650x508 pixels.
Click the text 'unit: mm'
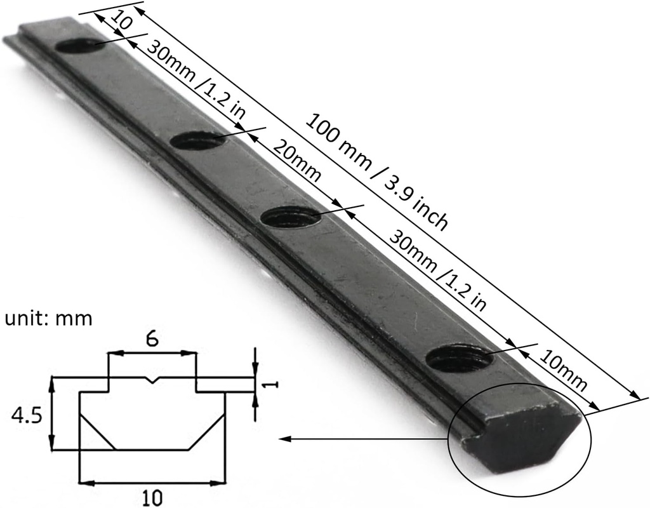[48, 318]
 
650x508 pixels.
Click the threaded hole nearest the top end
[80, 46]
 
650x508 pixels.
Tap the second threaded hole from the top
[198, 140]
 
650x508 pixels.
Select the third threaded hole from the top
[291, 218]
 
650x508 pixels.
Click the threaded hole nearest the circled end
[460, 359]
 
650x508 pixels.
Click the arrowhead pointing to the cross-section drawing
[284, 439]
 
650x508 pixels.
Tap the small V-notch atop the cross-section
[151, 381]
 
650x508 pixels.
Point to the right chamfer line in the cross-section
[208, 432]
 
